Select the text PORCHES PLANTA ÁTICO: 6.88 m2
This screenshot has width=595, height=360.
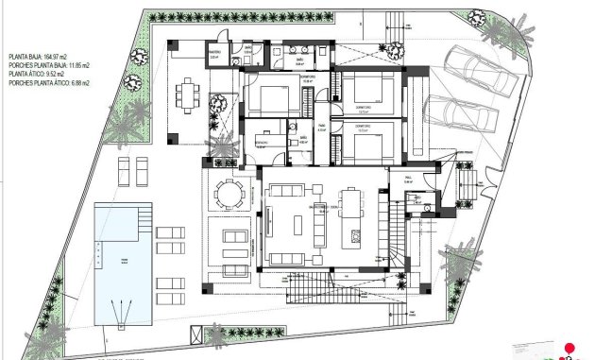(x=49, y=84)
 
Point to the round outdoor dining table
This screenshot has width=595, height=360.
(x=228, y=193)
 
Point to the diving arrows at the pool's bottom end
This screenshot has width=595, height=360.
(x=120, y=310)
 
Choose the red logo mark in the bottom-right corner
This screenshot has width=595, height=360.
(x=569, y=349)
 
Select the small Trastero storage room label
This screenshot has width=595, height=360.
(x=214, y=54)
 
